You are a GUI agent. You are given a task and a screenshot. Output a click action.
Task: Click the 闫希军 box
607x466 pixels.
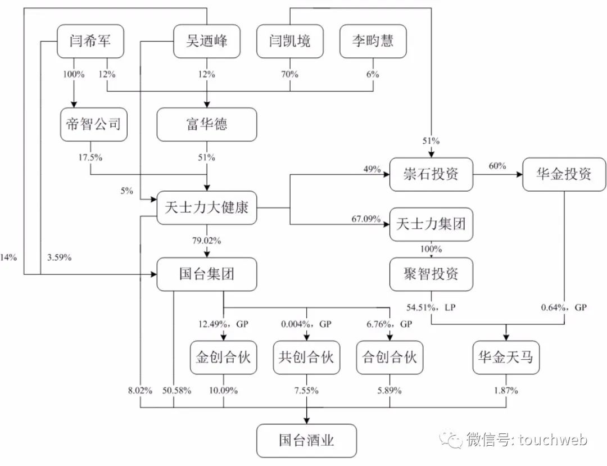point(90,40)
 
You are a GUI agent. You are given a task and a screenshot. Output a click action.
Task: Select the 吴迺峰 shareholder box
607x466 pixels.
point(207,40)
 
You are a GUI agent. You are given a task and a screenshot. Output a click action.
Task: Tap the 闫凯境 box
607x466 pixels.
point(290,40)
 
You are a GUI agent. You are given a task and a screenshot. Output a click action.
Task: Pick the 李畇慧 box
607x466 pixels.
point(373,40)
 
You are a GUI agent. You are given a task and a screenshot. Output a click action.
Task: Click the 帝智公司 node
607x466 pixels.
point(93,124)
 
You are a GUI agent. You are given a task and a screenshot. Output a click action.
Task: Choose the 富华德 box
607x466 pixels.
point(207,124)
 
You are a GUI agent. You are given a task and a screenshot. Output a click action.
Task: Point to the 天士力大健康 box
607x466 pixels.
point(207,208)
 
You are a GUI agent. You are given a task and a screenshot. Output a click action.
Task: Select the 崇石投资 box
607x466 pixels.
point(432,174)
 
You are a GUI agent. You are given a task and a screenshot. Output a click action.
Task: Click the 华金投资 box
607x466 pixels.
point(564,174)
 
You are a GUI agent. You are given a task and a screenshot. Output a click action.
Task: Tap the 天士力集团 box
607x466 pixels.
point(432,224)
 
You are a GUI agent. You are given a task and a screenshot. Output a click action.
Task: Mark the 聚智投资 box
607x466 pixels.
point(432,274)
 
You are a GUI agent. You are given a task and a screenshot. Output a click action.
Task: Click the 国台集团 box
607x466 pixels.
point(207,274)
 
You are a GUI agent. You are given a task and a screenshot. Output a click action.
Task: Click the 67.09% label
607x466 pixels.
point(365,219)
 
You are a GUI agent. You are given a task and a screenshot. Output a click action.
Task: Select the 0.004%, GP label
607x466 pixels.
point(306,324)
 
